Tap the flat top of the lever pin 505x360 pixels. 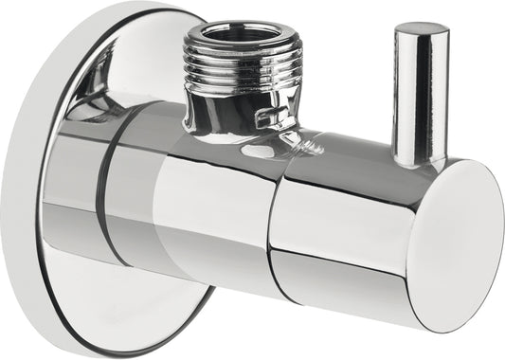click(x=422, y=31)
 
